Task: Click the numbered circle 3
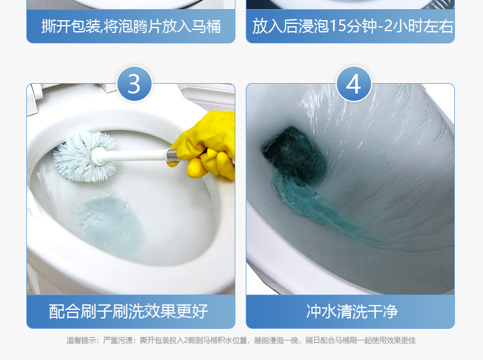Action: (x=135, y=84)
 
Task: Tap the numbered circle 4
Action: (x=353, y=84)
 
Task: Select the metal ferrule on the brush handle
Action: (x=173, y=155)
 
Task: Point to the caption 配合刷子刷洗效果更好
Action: (x=128, y=311)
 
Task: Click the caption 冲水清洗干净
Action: (x=352, y=311)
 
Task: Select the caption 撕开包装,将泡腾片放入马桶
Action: (x=131, y=26)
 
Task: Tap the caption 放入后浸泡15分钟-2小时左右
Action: (x=353, y=26)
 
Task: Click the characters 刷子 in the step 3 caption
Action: (x=97, y=311)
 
